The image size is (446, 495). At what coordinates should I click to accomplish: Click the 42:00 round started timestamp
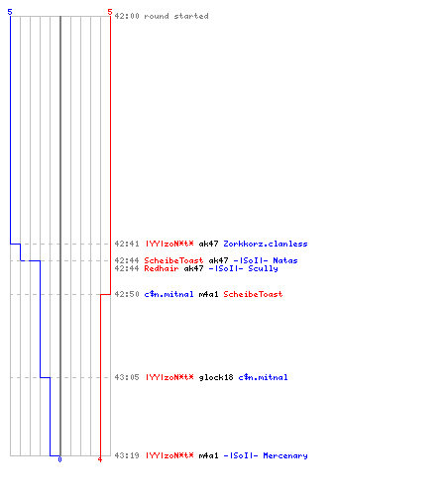point(127,16)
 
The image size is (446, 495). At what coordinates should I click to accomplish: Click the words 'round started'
point(176,16)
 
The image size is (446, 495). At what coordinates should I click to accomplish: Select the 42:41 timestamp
point(127,244)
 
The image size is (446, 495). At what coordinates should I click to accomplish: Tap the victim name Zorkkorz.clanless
point(266,244)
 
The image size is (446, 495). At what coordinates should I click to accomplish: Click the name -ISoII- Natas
point(266,260)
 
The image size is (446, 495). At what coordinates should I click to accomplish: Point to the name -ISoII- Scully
point(243,268)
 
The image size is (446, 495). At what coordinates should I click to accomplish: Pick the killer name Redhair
point(162,268)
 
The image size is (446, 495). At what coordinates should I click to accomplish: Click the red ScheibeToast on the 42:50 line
point(253,294)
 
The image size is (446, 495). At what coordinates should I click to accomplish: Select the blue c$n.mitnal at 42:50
point(168,294)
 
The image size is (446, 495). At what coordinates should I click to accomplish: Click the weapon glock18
point(216,377)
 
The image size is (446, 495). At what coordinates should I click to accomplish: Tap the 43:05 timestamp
point(127,377)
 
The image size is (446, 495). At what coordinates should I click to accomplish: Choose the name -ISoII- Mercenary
point(266,455)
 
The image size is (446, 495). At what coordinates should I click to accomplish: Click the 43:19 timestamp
point(127,455)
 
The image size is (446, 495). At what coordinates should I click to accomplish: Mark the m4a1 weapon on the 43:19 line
point(208,455)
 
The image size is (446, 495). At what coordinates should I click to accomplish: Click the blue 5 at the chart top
point(10,12)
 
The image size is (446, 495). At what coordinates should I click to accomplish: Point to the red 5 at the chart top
point(110,12)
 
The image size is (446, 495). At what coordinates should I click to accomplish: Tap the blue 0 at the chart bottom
point(59,459)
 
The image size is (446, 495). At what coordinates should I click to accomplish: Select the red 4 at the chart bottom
point(100,459)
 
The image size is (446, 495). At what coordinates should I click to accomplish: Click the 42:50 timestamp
point(127,294)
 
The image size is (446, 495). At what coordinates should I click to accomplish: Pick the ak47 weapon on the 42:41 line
point(208,244)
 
